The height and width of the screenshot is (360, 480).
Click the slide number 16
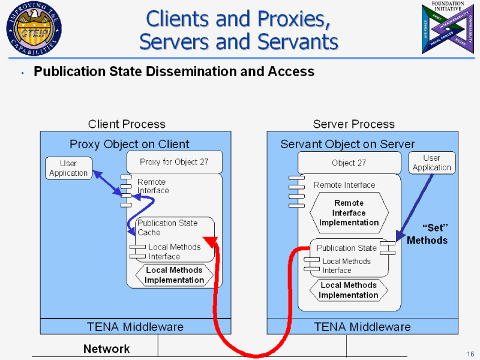(470, 352)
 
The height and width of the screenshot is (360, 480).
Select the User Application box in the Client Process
(68, 168)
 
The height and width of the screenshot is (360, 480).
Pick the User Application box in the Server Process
(431, 163)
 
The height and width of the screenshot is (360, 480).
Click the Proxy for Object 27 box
(174, 162)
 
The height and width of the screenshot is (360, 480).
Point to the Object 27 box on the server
(349, 163)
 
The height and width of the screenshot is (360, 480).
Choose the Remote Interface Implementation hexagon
(349, 213)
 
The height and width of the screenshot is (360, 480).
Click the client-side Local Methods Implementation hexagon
(174, 275)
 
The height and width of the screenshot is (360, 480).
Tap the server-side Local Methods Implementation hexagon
(349, 290)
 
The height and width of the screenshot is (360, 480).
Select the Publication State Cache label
(167, 227)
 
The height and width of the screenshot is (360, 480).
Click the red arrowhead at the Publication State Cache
(210, 242)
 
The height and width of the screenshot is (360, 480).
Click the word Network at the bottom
(106, 349)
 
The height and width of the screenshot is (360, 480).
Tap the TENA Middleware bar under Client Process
(135, 327)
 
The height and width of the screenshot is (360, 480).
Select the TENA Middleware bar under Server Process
(362, 327)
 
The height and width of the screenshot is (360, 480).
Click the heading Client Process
(127, 124)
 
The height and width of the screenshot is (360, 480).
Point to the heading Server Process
(353, 124)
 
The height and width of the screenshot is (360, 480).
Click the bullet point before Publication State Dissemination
(22, 73)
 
